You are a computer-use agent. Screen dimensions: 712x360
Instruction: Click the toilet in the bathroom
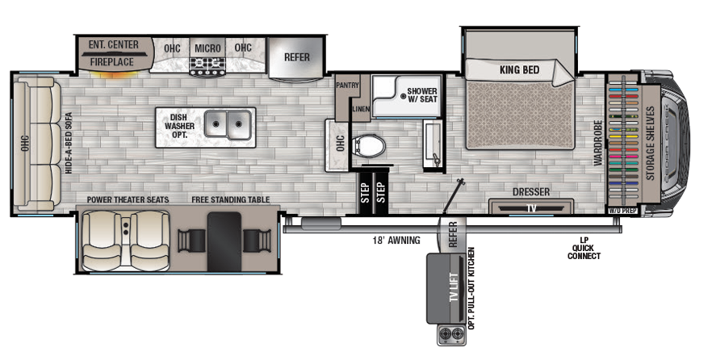pyautogui.click(x=369, y=146)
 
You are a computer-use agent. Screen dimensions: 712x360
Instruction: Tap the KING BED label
pyautogui.click(x=519, y=70)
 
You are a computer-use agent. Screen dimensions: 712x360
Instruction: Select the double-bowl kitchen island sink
pyautogui.click(x=227, y=124)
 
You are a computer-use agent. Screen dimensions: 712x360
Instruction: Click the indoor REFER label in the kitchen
pyautogui.click(x=296, y=57)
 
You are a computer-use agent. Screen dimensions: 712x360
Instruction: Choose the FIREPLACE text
pyautogui.click(x=111, y=61)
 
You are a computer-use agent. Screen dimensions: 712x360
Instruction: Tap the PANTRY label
pyautogui.click(x=347, y=85)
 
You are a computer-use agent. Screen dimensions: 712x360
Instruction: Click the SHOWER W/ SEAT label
pyautogui.click(x=422, y=95)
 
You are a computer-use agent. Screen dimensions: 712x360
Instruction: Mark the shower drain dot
pyautogui.click(x=403, y=96)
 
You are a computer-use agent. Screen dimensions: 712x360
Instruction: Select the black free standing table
pyautogui.click(x=224, y=242)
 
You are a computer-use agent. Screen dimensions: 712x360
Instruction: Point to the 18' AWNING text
pyautogui.click(x=396, y=241)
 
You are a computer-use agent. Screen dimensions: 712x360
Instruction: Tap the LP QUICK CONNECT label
pyautogui.click(x=584, y=249)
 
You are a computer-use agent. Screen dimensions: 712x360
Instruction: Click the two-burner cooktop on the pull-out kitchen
pyautogui.click(x=452, y=336)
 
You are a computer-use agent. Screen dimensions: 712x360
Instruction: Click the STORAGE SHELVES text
pyautogui.click(x=650, y=143)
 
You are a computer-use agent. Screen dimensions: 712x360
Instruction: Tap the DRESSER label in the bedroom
pyautogui.click(x=531, y=192)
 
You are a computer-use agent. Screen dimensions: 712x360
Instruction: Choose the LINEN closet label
pyautogui.click(x=361, y=109)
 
